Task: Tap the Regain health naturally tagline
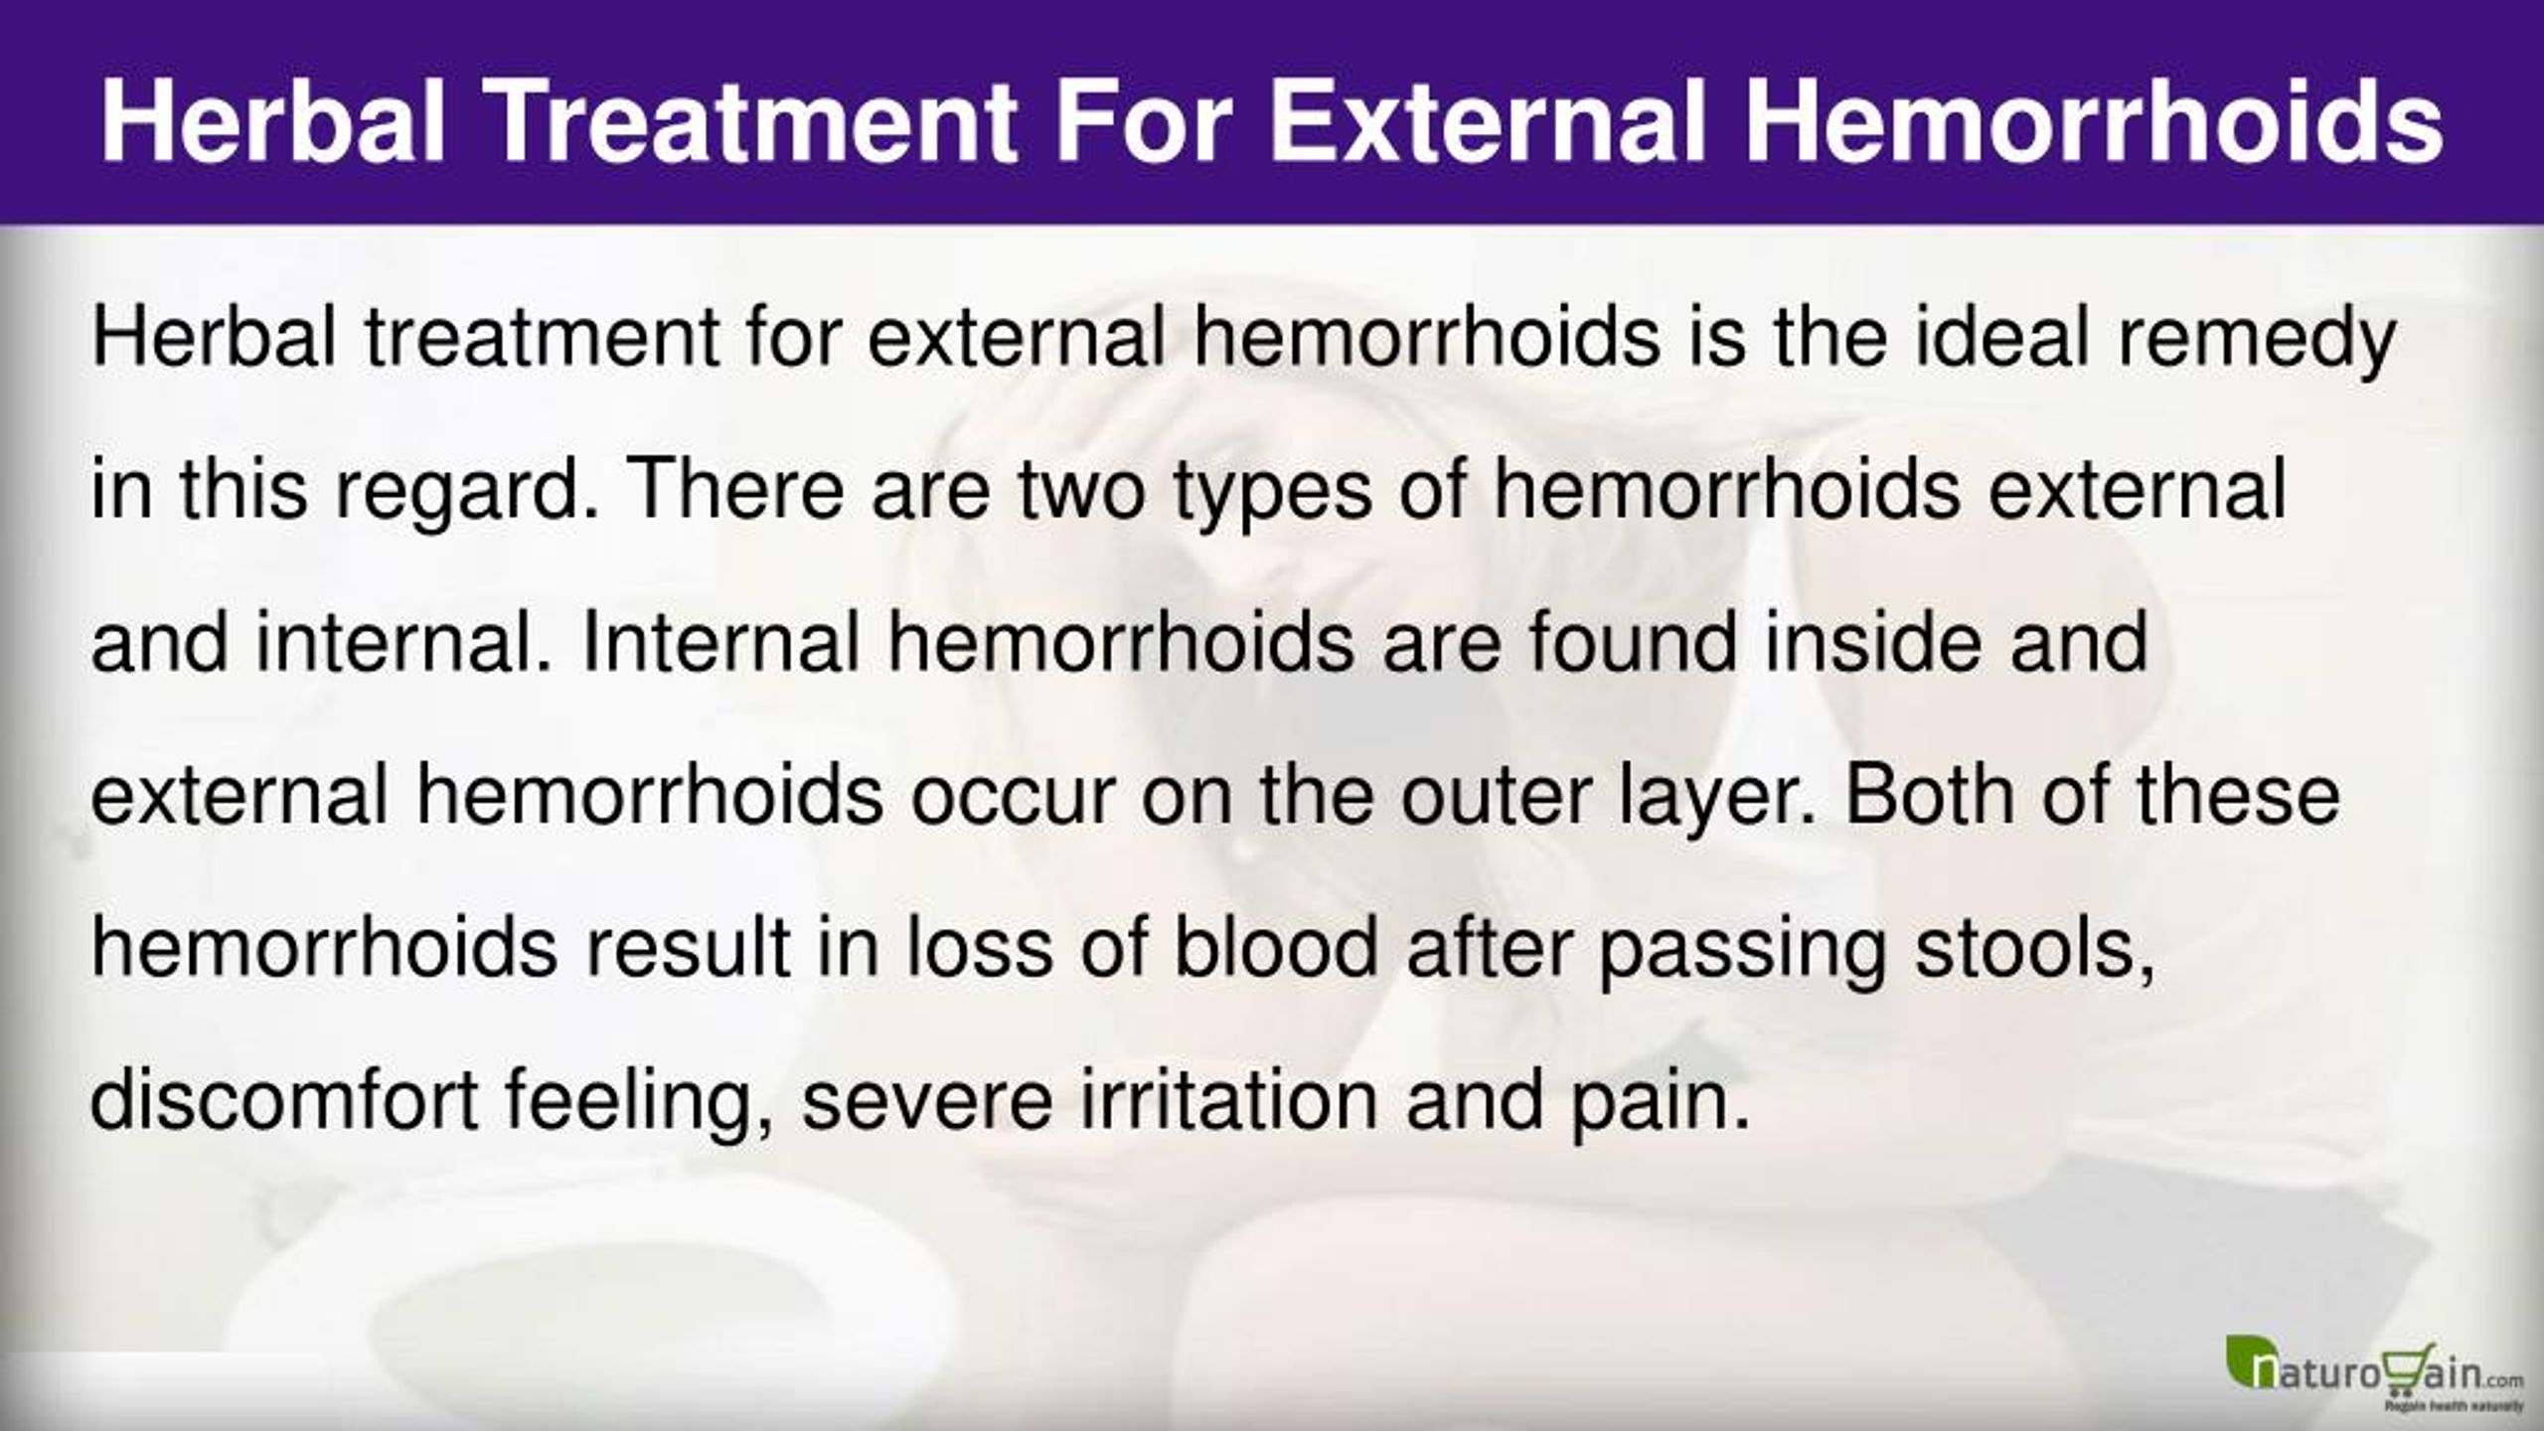(x=2460, y=1406)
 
